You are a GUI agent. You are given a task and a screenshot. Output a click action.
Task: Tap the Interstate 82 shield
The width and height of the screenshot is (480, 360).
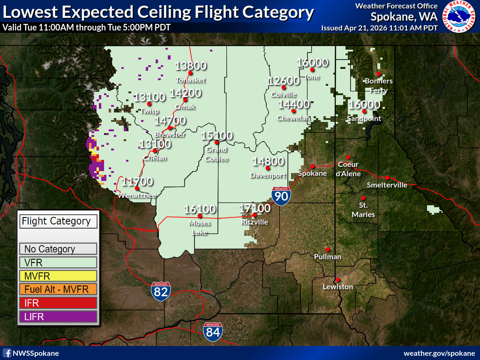click(x=161, y=290)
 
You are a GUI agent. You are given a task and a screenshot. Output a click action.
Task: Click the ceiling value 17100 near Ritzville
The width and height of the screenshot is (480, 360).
click(x=255, y=208)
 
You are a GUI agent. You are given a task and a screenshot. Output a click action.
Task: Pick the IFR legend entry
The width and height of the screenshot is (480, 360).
click(x=58, y=303)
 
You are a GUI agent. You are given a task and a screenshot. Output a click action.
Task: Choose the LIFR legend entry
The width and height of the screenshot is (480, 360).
click(x=58, y=317)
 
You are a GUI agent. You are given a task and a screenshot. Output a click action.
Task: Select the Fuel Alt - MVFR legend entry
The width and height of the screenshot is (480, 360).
click(x=58, y=290)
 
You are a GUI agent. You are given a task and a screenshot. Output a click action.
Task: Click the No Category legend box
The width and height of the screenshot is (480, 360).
click(x=58, y=249)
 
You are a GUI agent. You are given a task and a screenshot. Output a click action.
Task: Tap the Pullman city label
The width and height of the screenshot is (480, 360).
click(x=328, y=257)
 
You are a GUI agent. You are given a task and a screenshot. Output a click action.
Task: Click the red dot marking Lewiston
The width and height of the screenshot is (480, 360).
click(x=337, y=279)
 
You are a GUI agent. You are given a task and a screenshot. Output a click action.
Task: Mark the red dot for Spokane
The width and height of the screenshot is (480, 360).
click(x=313, y=166)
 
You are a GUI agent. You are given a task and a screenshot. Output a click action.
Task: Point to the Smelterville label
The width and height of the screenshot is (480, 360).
click(x=387, y=185)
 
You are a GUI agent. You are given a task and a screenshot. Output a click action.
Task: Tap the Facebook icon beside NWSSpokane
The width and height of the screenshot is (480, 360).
click(x=7, y=353)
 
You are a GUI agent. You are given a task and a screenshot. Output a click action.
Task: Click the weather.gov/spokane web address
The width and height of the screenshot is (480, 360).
click(x=439, y=353)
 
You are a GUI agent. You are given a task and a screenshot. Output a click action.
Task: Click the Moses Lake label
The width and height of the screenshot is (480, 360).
click(x=200, y=227)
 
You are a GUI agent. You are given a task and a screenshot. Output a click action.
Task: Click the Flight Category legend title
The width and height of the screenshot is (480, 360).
click(x=58, y=221)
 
